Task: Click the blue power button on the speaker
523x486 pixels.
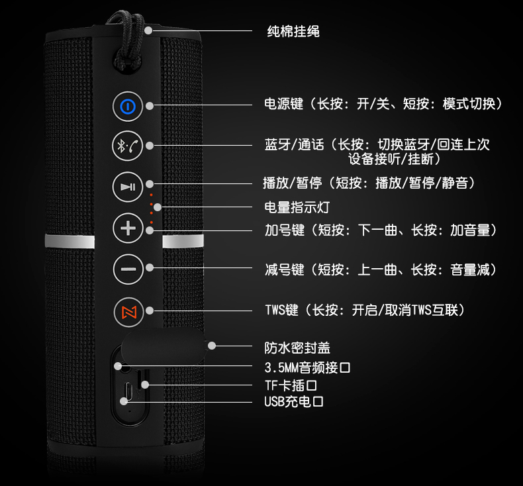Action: (x=127, y=106)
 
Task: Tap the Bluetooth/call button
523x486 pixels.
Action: (x=127, y=146)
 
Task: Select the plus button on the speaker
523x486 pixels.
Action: (x=127, y=229)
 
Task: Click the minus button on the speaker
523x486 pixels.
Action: (x=127, y=269)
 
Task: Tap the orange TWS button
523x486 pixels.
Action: (x=127, y=311)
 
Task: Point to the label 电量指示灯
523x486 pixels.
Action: (x=297, y=207)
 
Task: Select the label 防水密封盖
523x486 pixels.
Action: (x=297, y=348)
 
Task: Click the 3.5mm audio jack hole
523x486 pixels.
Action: (x=125, y=370)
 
